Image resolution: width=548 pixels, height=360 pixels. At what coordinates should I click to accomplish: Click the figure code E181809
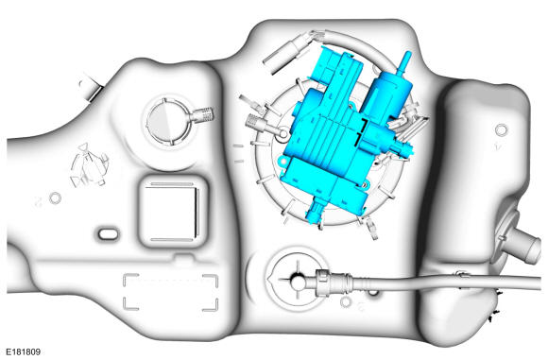point(24,351)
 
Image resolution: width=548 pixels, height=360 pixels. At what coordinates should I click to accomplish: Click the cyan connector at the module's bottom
point(316,212)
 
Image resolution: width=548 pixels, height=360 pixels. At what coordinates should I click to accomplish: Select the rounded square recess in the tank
point(172,211)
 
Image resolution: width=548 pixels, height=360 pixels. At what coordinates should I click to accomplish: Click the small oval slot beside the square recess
point(108,233)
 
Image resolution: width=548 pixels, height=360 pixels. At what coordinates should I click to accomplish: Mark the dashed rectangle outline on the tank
point(171,292)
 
